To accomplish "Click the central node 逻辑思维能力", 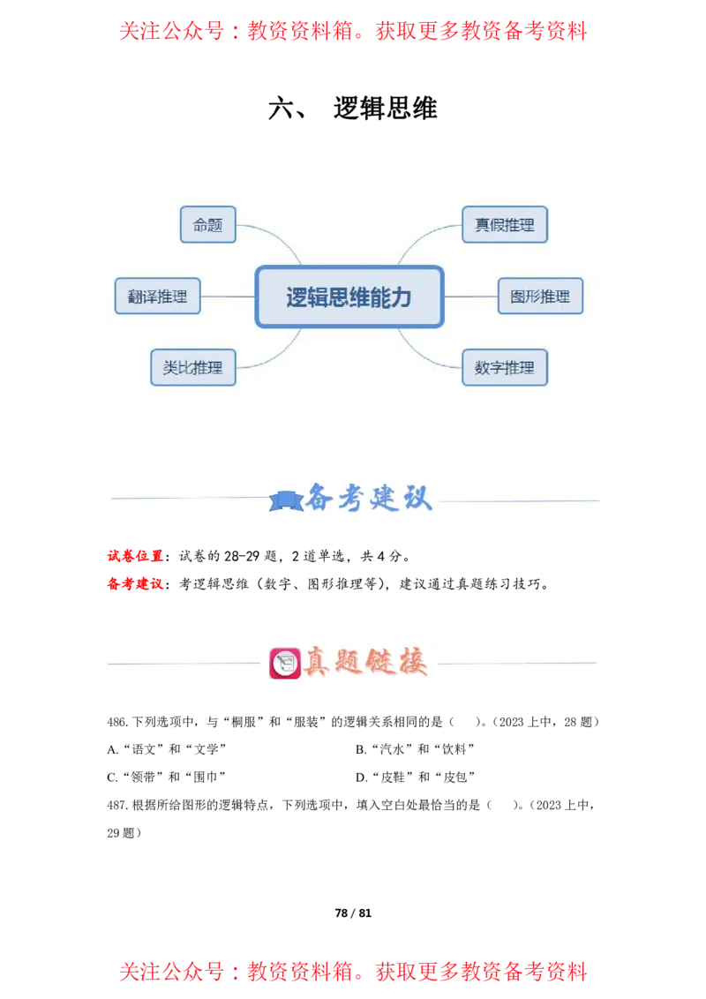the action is coord(349,297).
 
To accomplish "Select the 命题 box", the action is coord(207,225).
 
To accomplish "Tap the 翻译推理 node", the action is coord(157,297).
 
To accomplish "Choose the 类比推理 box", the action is coord(192,367).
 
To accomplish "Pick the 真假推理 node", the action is coord(505,225).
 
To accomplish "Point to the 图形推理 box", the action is coord(540,297).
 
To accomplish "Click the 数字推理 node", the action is coord(505,367).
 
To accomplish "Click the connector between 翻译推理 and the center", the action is coord(228,297).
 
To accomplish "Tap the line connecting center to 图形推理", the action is coord(469,297).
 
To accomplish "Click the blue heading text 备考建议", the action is coord(369,499).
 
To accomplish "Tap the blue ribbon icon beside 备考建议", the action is coord(285,501).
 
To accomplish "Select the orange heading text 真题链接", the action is coord(365,662).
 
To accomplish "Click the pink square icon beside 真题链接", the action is coord(284,663).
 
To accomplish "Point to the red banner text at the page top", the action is coord(353,32).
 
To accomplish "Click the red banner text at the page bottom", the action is coord(353,973).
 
